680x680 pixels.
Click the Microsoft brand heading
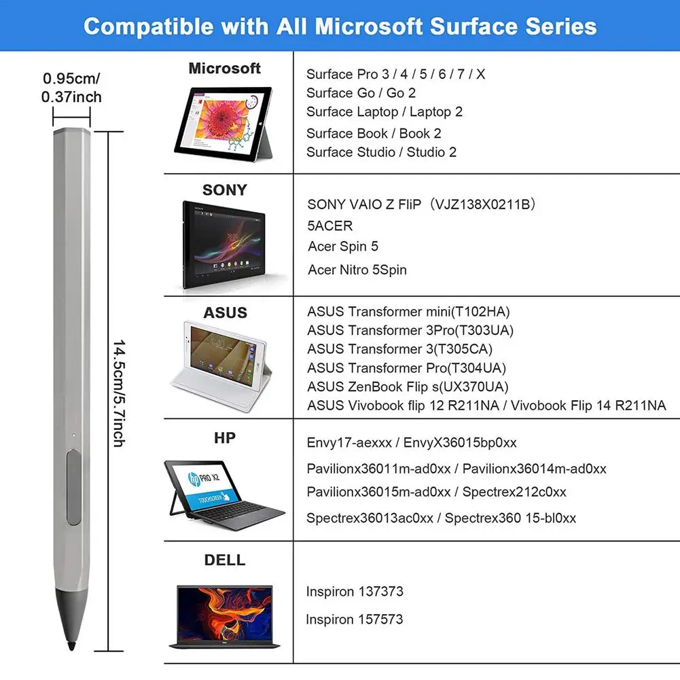tap(224, 69)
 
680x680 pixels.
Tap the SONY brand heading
tap(224, 190)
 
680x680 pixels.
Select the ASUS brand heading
tap(225, 313)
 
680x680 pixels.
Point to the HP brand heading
tap(225, 438)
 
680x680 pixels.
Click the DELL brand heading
tap(225, 560)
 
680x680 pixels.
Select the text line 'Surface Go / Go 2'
tap(361, 93)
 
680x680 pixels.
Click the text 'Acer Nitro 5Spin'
tap(357, 270)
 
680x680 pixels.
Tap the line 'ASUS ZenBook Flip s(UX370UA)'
tap(408, 387)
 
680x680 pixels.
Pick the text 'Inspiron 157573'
tap(354, 620)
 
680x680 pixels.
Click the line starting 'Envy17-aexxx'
tap(412, 443)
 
